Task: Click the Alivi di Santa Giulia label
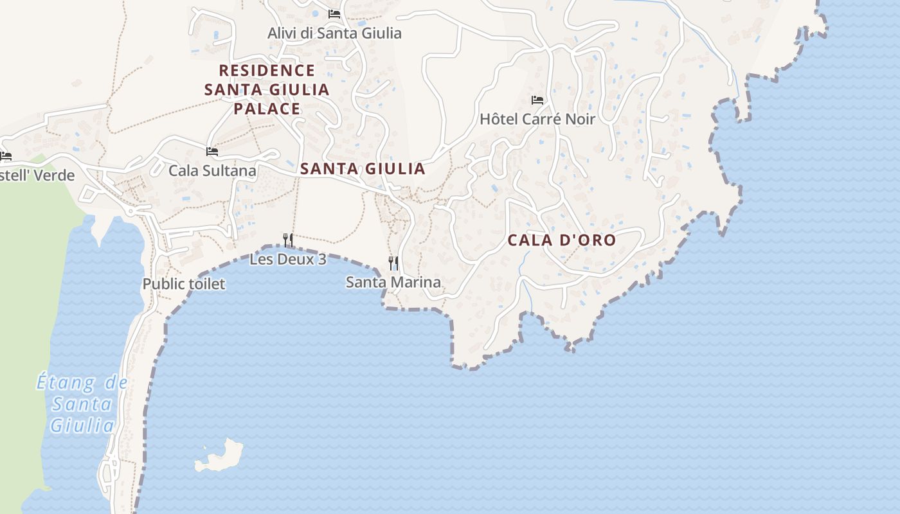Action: (x=334, y=33)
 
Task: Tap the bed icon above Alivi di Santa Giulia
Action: (x=334, y=13)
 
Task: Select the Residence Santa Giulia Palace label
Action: (x=267, y=89)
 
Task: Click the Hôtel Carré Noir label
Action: (x=537, y=119)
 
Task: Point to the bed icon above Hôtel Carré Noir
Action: (x=537, y=100)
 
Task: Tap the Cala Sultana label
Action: (x=212, y=170)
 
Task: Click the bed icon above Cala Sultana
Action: (x=212, y=152)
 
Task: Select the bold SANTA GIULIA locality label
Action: (x=363, y=169)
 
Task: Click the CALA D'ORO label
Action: (x=562, y=240)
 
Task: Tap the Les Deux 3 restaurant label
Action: (x=287, y=259)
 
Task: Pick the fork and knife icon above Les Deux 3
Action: (x=288, y=240)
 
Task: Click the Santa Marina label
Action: (x=393, y=282)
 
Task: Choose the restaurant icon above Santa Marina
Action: (x=393, y=263)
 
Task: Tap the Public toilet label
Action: (x=184, y=283)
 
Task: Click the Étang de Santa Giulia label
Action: (x=82, y=404)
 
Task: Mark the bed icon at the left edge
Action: (x=6, y=156)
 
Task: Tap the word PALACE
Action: (x=267, y=109)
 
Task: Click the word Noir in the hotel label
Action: (x=579, y=119)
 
